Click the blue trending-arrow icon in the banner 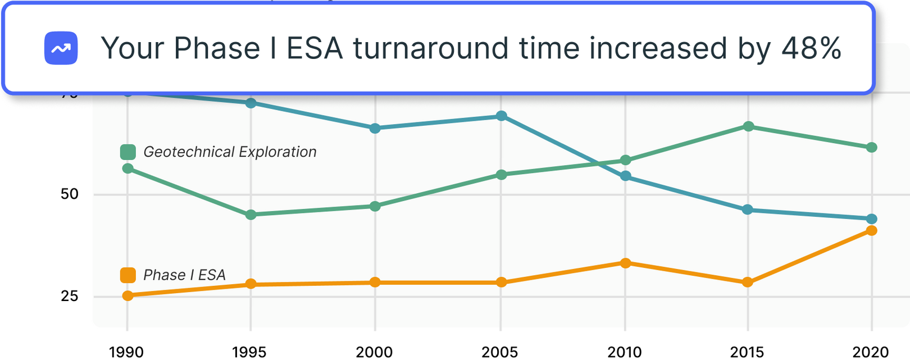coord(61,48)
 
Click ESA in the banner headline coord(315,48)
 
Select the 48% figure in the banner coord(811,48)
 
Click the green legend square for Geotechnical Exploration coord(128,152)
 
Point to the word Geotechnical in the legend coord(188,152)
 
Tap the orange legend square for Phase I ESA coord(128,275)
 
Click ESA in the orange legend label coord(212,275)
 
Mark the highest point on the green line coord(748,126)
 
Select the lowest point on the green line coord(251,215)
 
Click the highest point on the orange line coord(871,230)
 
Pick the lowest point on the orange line coord(128,295)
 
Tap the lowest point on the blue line coord(871,218)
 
